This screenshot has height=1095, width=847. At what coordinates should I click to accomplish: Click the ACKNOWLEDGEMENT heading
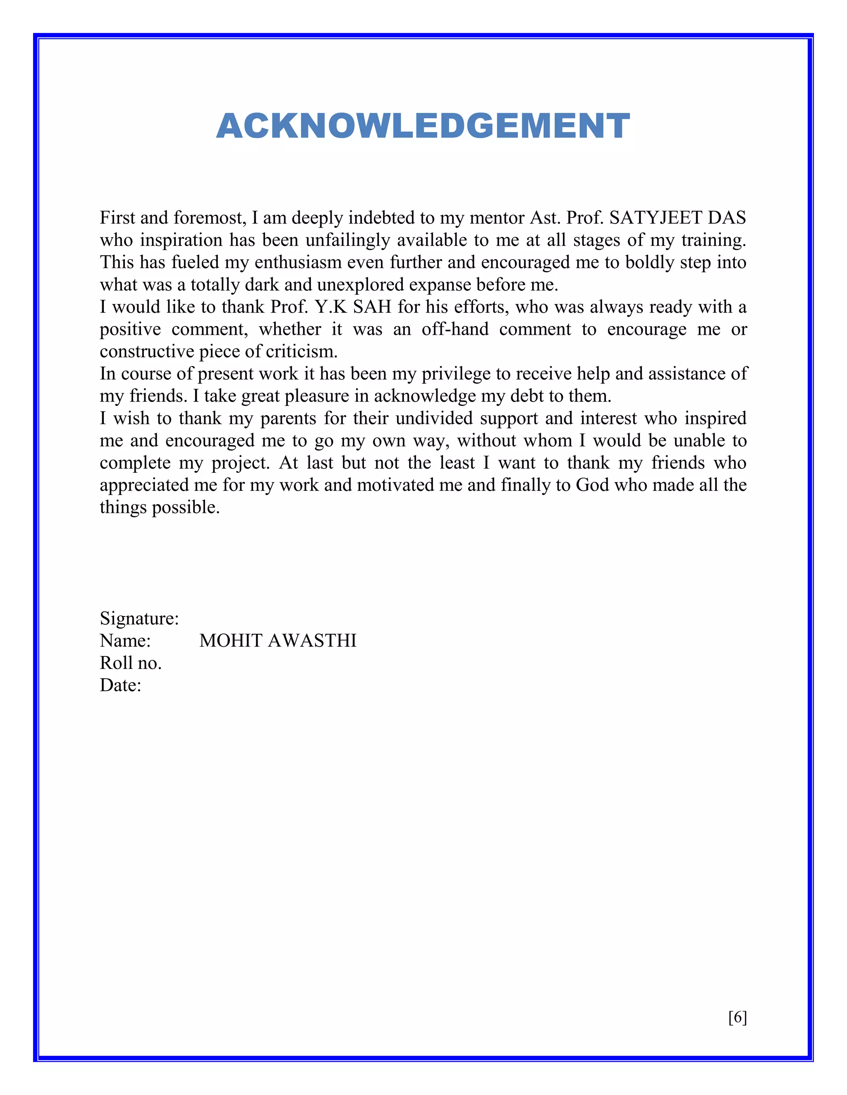tap(423, 126)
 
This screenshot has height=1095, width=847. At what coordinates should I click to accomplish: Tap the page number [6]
tap(737, 1017)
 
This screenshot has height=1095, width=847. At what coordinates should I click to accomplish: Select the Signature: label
tap(139, 619)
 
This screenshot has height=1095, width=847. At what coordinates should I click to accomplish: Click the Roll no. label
tap(130, 663)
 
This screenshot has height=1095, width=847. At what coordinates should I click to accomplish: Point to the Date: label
tap(120, 686)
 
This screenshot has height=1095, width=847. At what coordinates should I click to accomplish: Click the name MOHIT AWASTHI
tap(278, 641)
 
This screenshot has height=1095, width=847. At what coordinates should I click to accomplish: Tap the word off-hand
tap(455, 329)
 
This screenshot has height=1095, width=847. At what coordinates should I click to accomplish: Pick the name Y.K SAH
tap(353, 307)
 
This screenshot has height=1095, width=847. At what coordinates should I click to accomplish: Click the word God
tap(592, 486)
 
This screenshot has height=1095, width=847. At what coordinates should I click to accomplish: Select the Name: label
tap(125, 641)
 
